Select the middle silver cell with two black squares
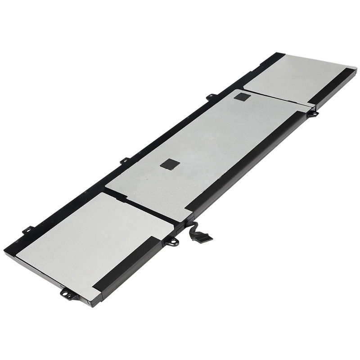tap(202, 148)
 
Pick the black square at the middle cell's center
tap(170, 164)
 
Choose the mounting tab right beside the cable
tap(171, 242)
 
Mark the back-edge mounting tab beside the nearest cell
tap(28, 229)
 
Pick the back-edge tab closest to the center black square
tap(125, 160)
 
